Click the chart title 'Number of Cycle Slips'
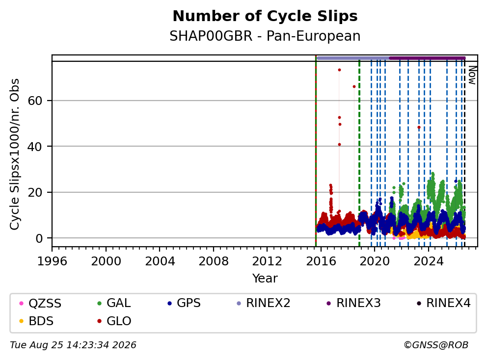[265, 16]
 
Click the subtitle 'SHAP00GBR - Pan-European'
[265, 36]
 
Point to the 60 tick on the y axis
[35, 101]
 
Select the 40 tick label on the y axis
[35, 147]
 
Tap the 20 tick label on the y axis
[35, 192]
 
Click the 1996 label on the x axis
[52, 261]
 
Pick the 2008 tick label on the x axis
[214, 261]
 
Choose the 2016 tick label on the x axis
[321, 261]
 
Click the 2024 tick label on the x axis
[429, 261]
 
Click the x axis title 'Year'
[265, 279]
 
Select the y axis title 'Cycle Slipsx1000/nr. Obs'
[15, 154]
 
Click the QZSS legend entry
[40, 303]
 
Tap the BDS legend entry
[36, 321]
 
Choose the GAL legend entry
[114, 303]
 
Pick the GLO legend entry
[114, 321]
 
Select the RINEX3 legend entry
[354, 303]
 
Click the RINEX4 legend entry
[444, 303]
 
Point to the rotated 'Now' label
[472, 75]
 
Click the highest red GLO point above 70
[339, 70]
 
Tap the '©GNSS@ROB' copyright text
[436, 345]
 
